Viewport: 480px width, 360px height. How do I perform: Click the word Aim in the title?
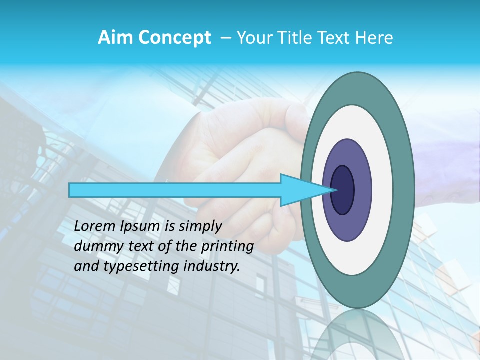(x=116, y=38)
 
